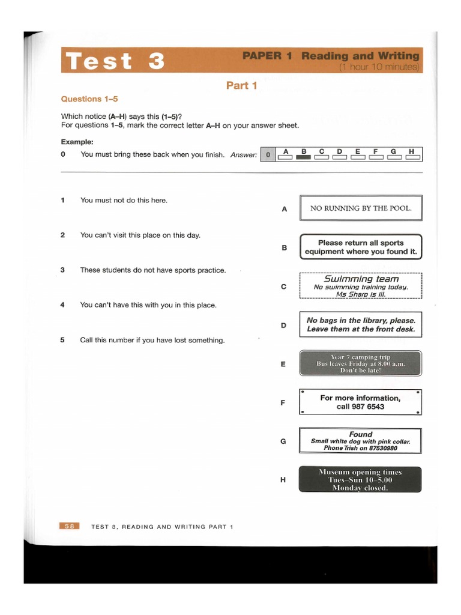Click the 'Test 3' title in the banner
115,61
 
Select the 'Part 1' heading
241,85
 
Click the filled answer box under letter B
304,158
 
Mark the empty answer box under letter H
412,158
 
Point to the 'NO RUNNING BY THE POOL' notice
360,208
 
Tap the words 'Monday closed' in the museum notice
360,488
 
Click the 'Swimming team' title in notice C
361,279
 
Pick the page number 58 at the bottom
70,526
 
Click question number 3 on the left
63,270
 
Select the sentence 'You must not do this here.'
124,200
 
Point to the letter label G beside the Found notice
283,441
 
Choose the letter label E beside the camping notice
283,364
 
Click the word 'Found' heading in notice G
360,434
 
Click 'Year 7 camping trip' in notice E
360,357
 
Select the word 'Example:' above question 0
77,142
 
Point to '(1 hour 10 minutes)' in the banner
379,67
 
